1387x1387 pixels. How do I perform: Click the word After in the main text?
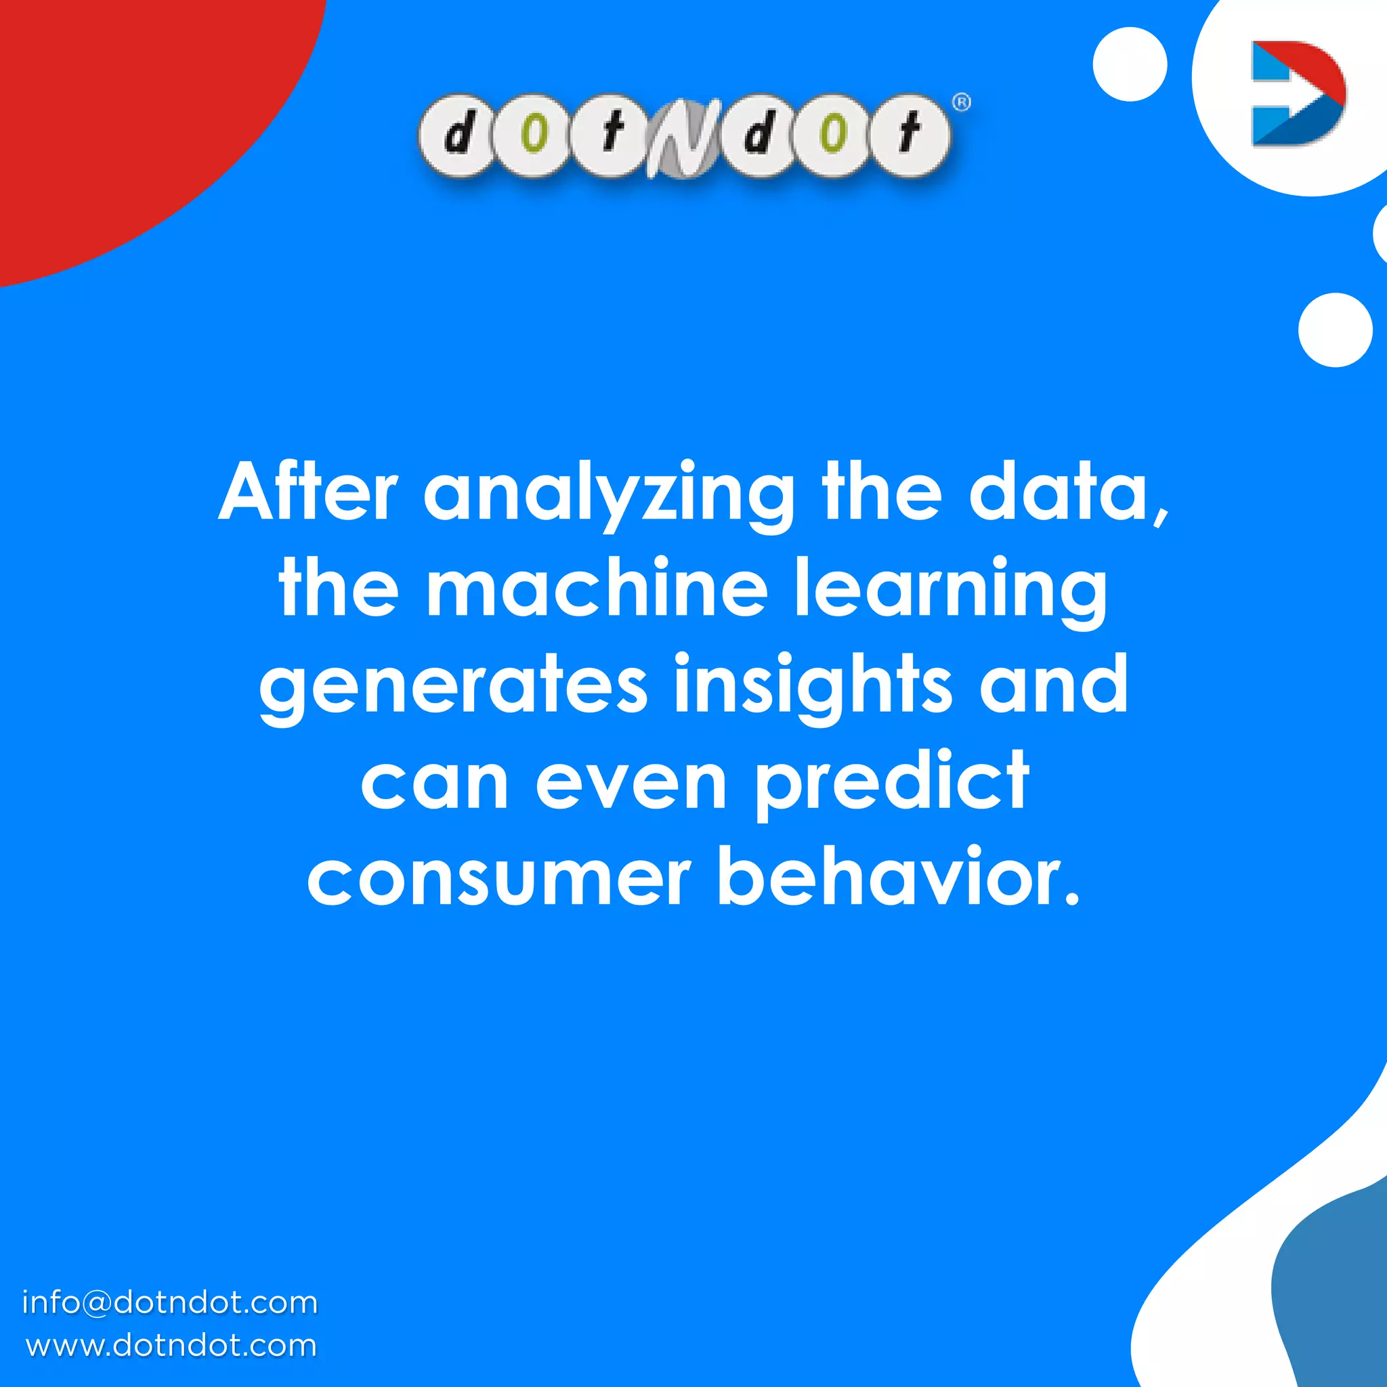point(308,493)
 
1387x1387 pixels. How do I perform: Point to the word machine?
point(597,589)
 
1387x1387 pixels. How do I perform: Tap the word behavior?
point(898,877)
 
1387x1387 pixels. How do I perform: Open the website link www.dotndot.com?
point(171,1346)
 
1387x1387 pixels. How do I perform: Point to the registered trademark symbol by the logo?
point(961,103)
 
